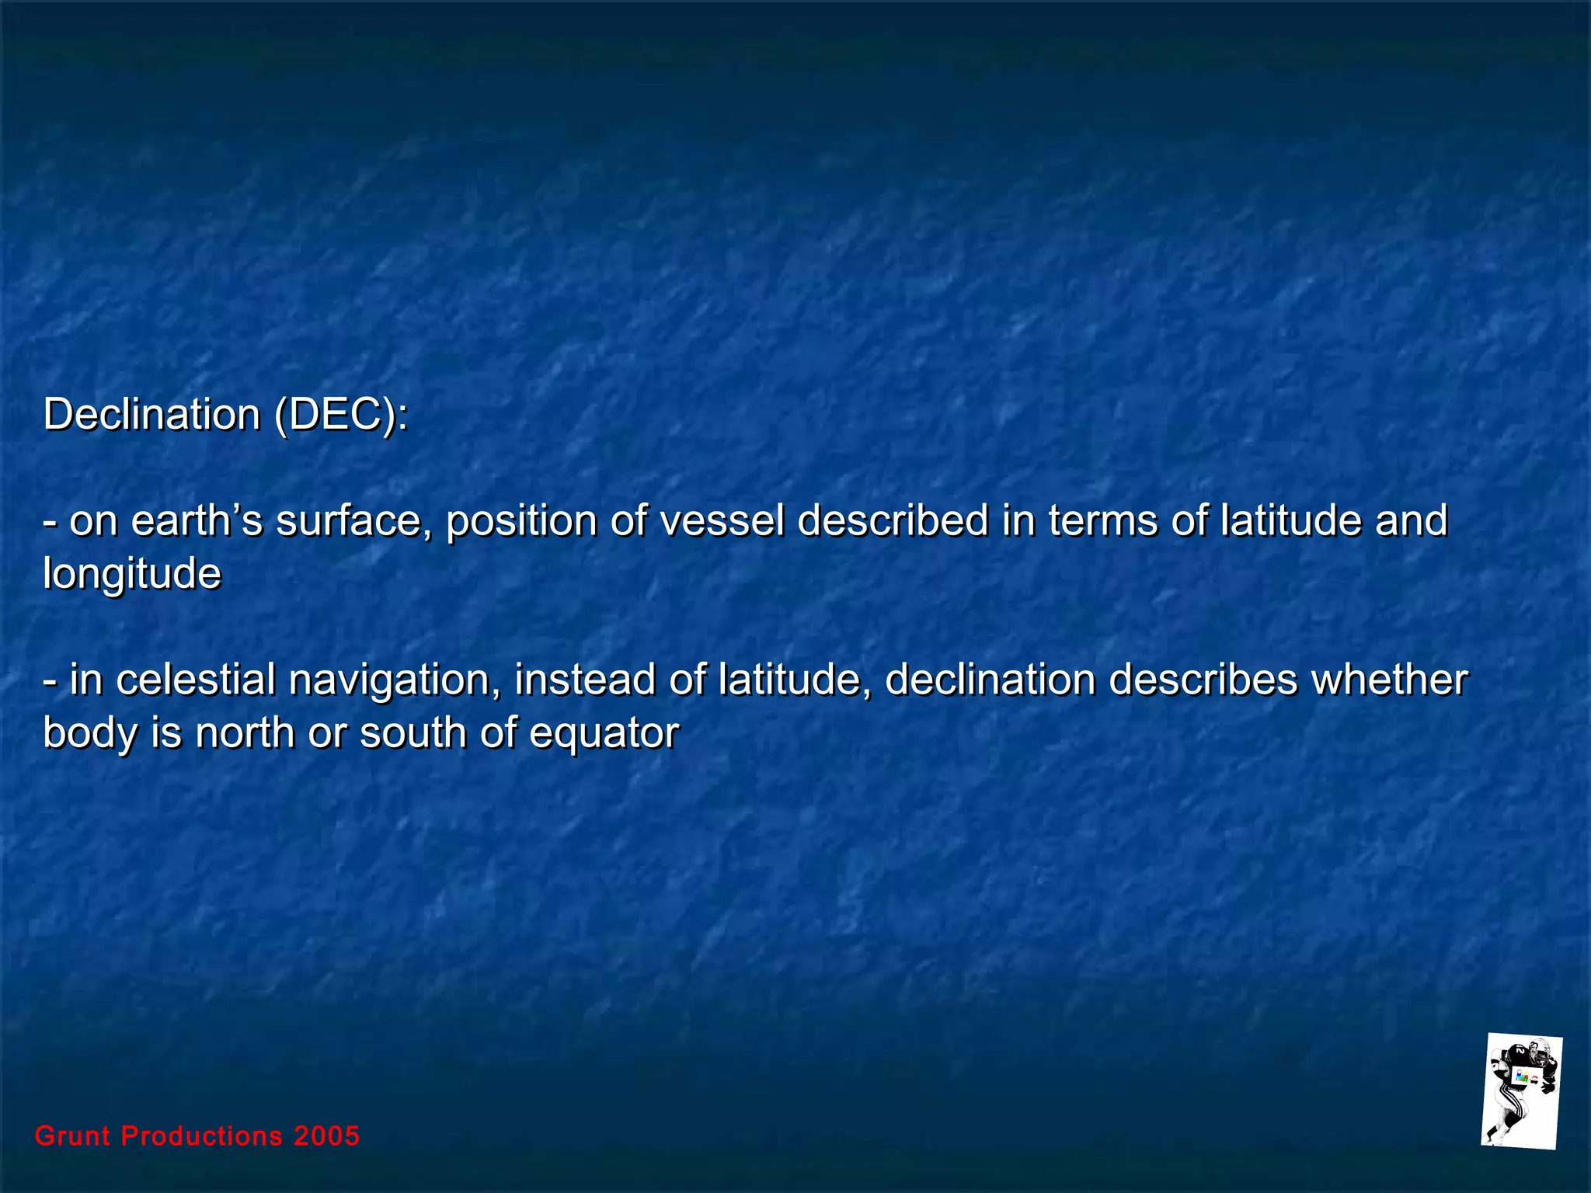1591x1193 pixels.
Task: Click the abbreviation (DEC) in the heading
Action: (x=340, y=414)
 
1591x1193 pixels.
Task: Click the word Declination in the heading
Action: (x=151, y=414)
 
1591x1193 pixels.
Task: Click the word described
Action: (x=893, y=520)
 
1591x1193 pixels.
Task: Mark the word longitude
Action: (x=132, y=575)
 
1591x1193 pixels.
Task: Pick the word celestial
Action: (x=196, y=679)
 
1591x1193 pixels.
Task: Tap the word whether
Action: (x=1390, y=679)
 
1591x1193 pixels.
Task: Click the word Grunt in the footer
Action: (x=73, y=1136)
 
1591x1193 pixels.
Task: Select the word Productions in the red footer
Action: (x=202, y=1136)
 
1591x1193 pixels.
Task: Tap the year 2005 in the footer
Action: (x=326, y=1136)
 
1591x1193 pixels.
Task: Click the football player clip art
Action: (x=1521, y=1091)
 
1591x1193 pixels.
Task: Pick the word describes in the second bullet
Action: (x=1203, y=679)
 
